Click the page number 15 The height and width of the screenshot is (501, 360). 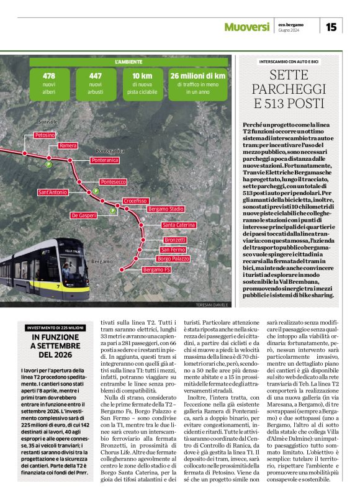tap(331, 27)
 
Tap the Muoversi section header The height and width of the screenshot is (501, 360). tap(247, 27)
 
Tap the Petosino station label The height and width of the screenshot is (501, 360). tap(45, 135)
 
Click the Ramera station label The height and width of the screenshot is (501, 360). tap(68, 145)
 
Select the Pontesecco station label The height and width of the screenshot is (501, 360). tap(113, 182)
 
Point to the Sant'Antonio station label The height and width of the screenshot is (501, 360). tap(53, 192)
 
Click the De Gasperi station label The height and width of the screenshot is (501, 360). tap(83, 215)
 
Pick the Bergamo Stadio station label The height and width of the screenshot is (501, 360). tap(166, 209)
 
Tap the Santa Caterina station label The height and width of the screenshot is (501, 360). tap(179, 225)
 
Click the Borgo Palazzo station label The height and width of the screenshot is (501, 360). tap(173, 258)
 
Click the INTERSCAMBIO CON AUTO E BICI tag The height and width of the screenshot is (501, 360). tap(289, 62)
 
